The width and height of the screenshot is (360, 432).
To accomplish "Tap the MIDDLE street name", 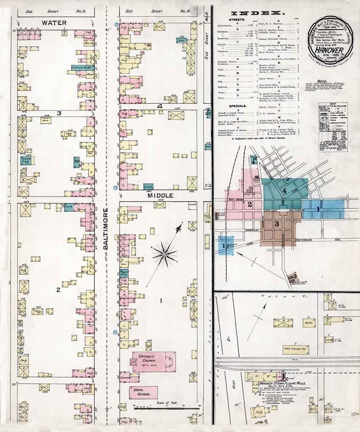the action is click(x=161, y=196).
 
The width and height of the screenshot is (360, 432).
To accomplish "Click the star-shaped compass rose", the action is click(x=164, y=254).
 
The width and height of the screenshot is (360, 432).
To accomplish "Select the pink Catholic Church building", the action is click(x=154, y=362).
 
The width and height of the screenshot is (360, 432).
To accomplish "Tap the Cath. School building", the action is click(x=144, y=392).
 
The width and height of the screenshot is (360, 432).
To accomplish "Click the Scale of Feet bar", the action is click(x=166, y=407).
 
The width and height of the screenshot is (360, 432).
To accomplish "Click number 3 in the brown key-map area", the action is click(x=276, y=224).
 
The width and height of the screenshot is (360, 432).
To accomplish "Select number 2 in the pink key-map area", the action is click(x=250, y=204).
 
